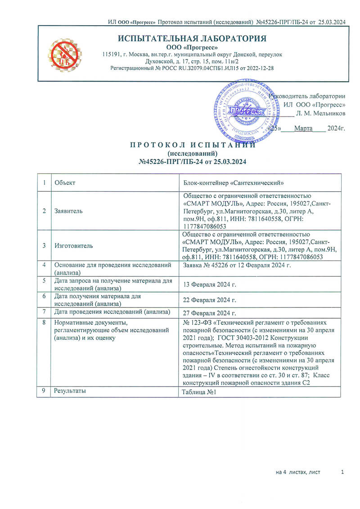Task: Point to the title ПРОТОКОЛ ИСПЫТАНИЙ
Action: click(193, 145)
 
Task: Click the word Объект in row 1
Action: click(64, 183)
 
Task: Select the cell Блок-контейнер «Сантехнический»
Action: click(227, 183)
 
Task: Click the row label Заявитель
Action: click(68, 211)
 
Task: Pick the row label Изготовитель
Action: click(73, 246)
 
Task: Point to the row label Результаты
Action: click(70, 391)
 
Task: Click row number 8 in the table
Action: click(44, 323)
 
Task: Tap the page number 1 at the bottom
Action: click(343, 472)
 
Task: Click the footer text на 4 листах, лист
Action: click(298, 472)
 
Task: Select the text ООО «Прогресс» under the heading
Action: click(192, 47)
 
